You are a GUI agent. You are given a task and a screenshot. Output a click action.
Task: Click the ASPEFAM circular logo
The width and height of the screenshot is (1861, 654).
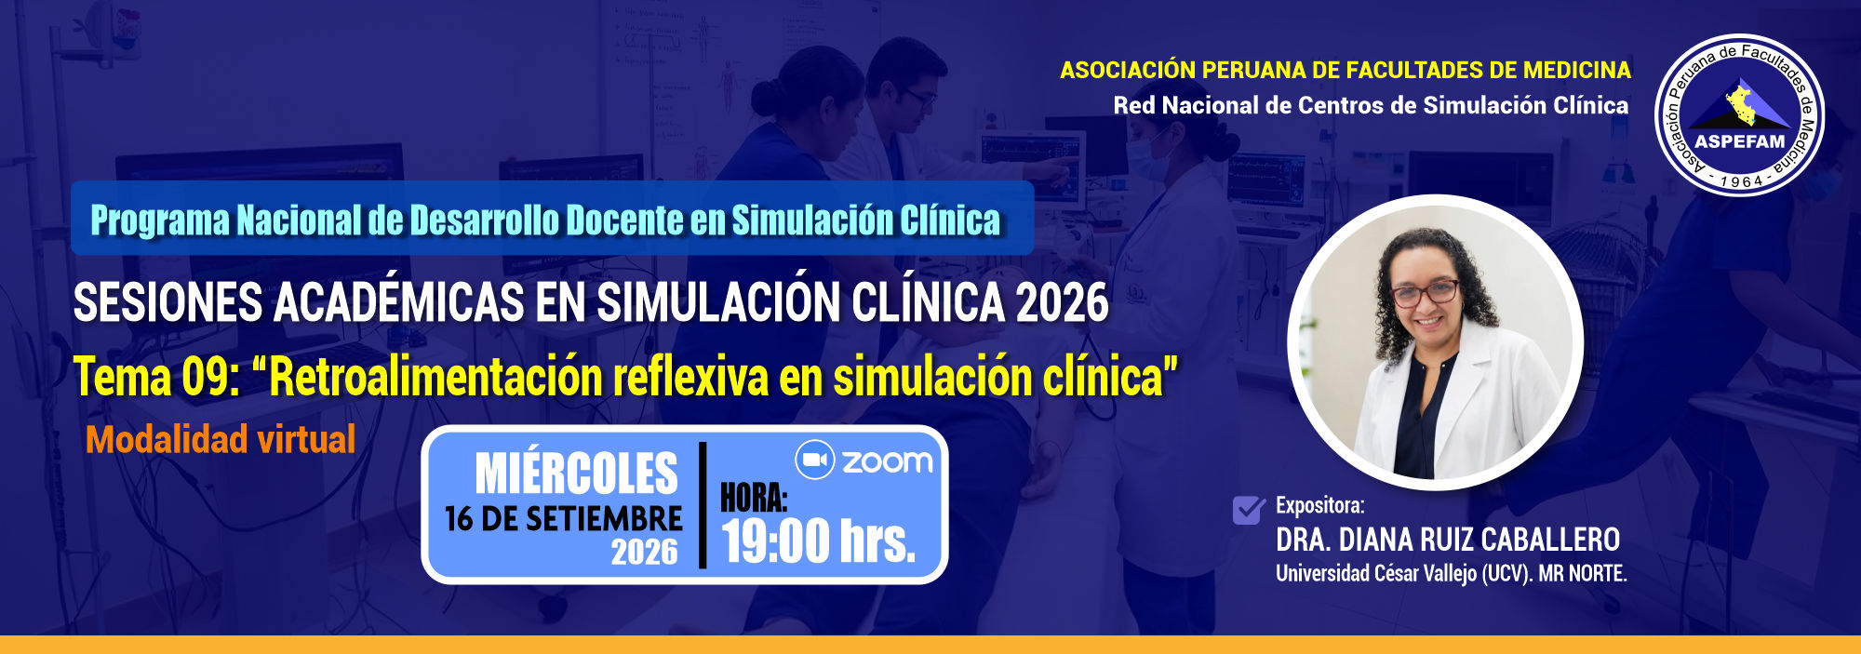point(1739,115)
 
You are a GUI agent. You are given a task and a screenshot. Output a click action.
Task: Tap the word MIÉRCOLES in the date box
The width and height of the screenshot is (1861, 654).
point(577,474)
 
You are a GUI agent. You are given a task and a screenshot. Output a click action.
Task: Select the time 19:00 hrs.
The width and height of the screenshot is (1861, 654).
point(819,541)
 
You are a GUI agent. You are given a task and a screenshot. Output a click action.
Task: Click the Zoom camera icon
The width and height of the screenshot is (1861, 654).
point(814,460)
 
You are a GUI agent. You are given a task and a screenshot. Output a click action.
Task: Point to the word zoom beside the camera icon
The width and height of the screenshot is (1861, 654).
point(887,461)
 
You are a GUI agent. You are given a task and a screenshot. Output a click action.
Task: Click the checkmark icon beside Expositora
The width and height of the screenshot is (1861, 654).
point(1249,510)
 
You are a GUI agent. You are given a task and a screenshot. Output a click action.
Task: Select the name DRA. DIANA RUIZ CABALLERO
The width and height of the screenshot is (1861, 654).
point(1448,540)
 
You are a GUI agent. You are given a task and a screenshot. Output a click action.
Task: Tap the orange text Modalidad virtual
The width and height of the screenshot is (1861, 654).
point(221,439)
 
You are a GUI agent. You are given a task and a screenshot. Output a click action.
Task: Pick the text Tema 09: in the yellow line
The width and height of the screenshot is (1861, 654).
point(157,377)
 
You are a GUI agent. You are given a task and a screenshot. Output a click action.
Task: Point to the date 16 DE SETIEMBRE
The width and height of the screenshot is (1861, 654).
point(564,519)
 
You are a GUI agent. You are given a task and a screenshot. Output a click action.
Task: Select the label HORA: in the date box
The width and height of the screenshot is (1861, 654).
point(754,499)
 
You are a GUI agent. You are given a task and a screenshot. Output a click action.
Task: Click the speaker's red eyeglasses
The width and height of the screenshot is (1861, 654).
point(1425,294)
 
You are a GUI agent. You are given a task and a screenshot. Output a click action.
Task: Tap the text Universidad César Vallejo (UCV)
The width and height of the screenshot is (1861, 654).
point(1403,573)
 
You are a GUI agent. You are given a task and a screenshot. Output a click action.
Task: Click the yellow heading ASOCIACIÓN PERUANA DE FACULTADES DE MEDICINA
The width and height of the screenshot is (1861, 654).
point(1346,70)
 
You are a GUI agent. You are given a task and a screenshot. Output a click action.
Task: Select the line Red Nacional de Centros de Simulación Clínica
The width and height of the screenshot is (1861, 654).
point(1371,105)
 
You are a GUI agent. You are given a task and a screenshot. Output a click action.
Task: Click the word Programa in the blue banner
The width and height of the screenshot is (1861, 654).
point(160,220)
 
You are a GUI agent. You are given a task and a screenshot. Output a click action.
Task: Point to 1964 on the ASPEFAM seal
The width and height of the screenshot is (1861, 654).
point(1741,181)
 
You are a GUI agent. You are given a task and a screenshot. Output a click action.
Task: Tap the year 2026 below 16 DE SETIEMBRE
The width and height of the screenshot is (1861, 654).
point(644,552)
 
